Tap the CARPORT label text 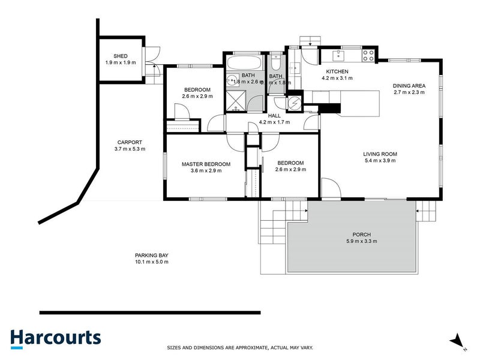tap(130, 142)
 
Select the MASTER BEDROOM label tap(206, 164)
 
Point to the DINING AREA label tap(409, 86)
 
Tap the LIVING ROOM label tap(380, 154)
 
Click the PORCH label tap(361, 235)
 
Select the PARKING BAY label tap(151, 255)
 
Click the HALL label tap(274, 115)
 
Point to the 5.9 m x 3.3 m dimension tap(361, 241)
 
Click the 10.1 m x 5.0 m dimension tap(151, 262)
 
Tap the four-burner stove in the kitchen tap(368, 56)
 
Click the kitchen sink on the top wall tap(338, 55)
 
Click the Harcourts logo tap(55, 338)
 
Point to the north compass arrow tap(458, 340)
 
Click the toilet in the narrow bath tap(275, 62)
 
